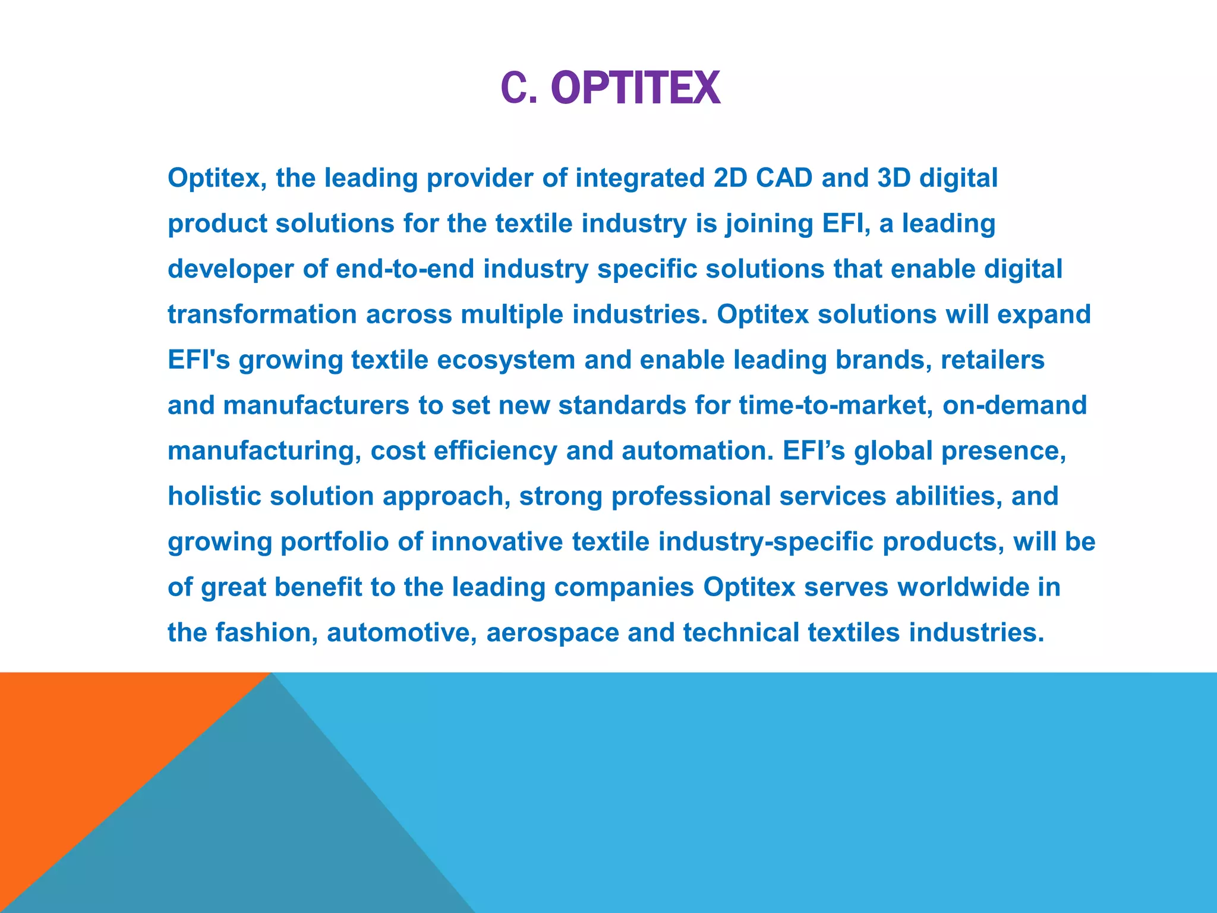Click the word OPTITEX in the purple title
click(635, 89)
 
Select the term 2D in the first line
click(730, 178)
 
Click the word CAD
click(784, 178)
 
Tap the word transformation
click(262, 314)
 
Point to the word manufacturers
click(316, 405)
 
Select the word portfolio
click(334, 541)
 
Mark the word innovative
click(497, 541)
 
